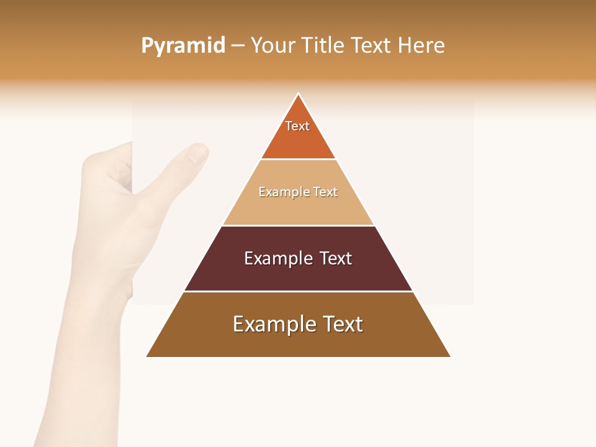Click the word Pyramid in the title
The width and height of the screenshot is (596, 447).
pos(183,46)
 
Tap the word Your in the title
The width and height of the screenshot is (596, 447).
pos(273,45)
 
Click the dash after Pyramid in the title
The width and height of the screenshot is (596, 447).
pos(238,46)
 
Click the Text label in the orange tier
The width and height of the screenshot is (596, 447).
pos(297,126)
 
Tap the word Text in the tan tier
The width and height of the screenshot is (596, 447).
pos(325,192)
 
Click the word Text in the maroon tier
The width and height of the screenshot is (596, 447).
pos(336,258)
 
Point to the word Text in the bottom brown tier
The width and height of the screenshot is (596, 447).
pos(342,324)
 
